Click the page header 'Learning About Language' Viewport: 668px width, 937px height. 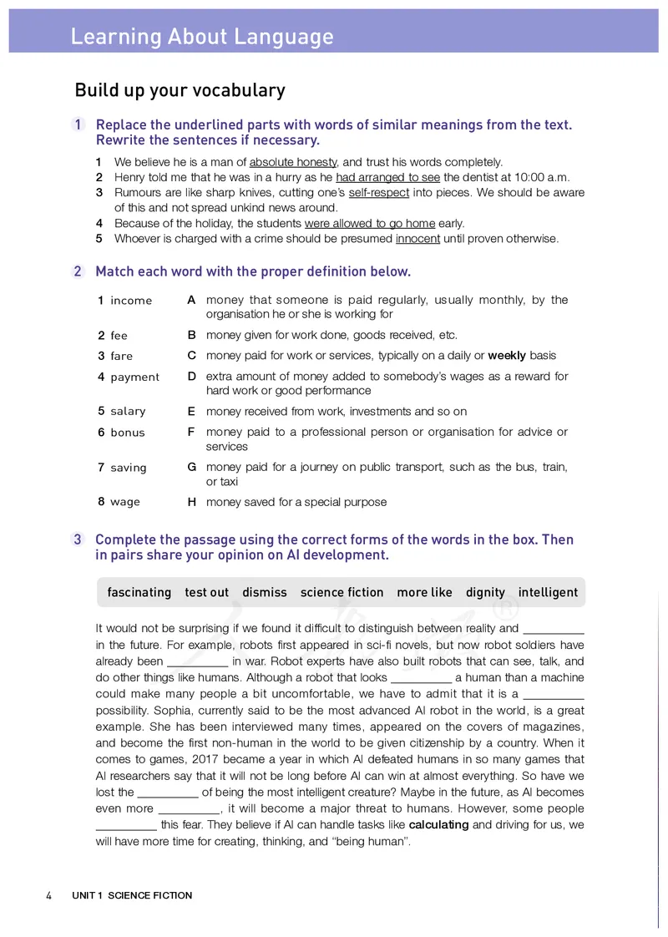[201, 37]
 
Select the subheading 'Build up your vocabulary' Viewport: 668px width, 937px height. [180, 90]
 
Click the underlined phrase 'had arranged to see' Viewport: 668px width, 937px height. [388, 177]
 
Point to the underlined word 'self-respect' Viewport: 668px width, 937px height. [379, 192]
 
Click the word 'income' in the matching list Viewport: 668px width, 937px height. [131, 301]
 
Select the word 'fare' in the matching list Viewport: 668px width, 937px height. [121, 356]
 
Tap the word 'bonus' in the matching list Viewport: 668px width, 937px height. [127, 433]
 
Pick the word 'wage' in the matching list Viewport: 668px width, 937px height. [125, 502]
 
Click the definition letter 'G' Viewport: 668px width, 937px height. [191, 468]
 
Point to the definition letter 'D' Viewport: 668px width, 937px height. [191, 377]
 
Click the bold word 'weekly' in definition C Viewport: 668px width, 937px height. [506, 356]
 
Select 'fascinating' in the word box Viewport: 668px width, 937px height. [139, 592]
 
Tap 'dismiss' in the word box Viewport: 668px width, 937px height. [264, 592]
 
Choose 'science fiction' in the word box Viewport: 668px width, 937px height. [342, 592]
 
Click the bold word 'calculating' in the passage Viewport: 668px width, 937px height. [438, 824]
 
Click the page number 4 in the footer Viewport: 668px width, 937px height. [48, 895]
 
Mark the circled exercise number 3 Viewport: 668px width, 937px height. [78, 539]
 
